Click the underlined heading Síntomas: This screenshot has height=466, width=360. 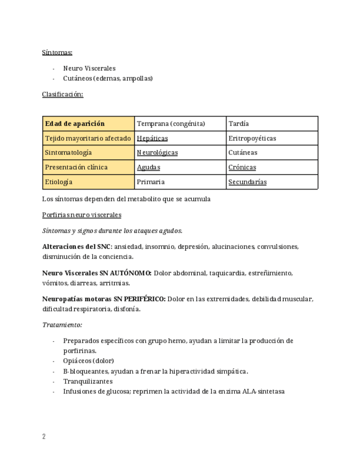(x=57, y=52)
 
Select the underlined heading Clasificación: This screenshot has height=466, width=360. (x=63, y=94)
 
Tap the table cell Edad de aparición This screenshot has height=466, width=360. (x=75, y=124)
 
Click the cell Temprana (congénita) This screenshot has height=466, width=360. (x=171, y=124)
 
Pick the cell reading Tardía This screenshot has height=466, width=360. (x=239, y=124)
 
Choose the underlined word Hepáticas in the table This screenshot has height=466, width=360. (x=152, y=138)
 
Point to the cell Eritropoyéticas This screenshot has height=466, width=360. (x=252, y=138)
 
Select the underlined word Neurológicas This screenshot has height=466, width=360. (x=157, y=153)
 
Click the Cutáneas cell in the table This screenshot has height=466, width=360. (x=243, y=153)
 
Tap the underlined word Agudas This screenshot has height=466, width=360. (x=148, y=167)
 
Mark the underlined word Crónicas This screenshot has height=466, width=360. (x=242, y=167)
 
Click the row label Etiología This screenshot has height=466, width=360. (x=59, y=182)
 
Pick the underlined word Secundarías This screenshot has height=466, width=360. (x=247, y=182)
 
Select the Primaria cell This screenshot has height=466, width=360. (x=151, y=182)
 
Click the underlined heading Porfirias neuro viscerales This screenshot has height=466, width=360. (x=81, y=215)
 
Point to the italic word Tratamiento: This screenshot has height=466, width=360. (x=62, y=325)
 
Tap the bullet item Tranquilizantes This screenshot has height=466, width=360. (x=88, y=381)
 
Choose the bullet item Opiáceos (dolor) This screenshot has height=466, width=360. (x=88, y=361)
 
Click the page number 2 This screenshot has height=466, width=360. (x=44, y=437)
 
